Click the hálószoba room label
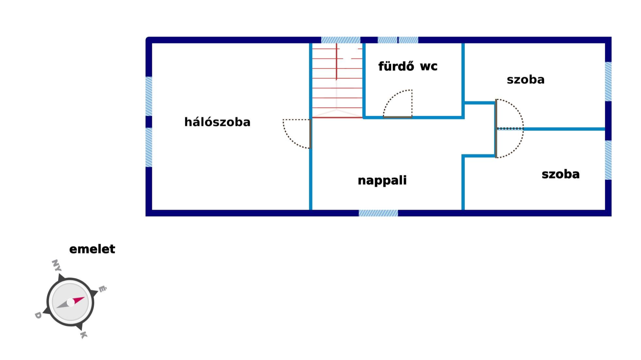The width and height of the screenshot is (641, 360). coord(217,122)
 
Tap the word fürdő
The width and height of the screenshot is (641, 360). coord(396,66)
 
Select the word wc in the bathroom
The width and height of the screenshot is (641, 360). coord(429,66)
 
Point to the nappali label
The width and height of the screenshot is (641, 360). coord(382,180)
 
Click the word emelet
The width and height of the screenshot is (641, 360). coord(92,249)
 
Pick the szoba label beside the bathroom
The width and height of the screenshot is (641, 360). coord(525,80)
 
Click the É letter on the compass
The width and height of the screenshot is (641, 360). coord(102,289)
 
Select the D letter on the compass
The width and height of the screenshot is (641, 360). coord(38,315)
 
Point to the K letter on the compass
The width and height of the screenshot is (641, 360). coord(83,335)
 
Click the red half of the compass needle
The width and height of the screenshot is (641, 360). coord(79,300)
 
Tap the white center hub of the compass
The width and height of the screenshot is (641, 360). coord(70,303)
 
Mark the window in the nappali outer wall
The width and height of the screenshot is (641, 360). coord(378,213)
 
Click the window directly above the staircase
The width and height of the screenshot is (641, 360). coord(341,40)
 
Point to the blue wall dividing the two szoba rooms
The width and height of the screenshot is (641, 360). coord(564,129)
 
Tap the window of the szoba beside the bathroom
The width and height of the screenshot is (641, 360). coord(608,81)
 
